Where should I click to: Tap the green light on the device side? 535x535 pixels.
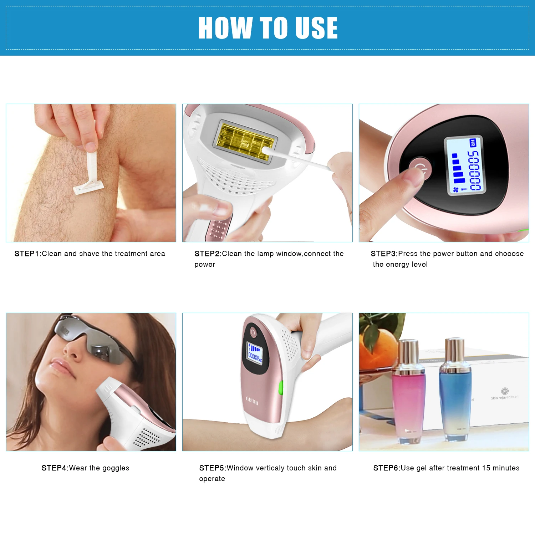point(280,388)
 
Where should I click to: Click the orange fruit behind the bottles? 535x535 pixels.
point(378,348)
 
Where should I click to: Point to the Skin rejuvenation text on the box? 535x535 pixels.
point(505,397)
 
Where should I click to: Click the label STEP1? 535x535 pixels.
point(27,254)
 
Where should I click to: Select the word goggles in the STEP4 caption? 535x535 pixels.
point(116,468)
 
